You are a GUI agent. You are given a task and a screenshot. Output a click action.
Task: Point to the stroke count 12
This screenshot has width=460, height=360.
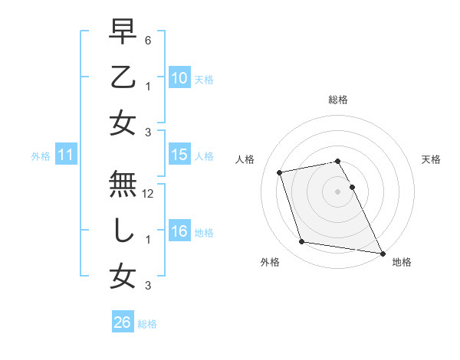149,195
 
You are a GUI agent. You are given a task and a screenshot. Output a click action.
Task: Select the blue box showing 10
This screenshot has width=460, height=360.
179,77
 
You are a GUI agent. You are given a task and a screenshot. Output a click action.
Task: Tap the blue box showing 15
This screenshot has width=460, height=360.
179,155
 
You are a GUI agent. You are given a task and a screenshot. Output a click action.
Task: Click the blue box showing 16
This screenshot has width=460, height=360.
179,232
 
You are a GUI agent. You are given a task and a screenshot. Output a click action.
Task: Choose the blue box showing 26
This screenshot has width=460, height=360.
123,322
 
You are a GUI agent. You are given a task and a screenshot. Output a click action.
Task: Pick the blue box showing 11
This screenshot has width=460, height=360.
65,156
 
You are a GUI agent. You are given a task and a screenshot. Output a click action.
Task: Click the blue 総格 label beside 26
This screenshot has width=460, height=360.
147,324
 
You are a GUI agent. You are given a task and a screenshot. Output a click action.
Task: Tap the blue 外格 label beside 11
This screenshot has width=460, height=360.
41,157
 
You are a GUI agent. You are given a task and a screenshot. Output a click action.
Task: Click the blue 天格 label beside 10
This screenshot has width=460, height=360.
204,79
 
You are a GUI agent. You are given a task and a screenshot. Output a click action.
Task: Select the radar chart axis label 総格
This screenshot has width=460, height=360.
337,100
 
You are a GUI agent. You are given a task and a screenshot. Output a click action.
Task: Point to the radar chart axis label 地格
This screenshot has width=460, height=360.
402,263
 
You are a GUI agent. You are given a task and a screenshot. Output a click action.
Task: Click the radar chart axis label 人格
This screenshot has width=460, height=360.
245,160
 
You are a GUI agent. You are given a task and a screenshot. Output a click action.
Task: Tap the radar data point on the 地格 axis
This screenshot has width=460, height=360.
382,252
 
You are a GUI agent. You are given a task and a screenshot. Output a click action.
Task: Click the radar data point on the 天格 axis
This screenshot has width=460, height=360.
352,187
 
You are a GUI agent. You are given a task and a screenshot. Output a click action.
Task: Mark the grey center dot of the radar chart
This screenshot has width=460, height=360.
338,191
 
